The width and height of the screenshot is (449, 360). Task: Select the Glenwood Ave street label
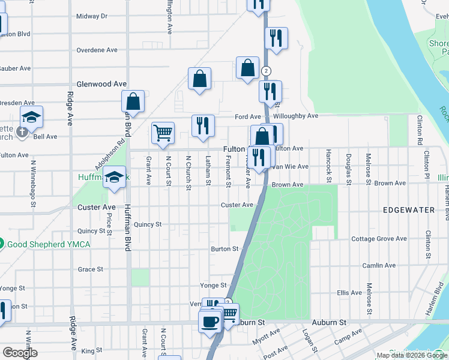[x=101, y=85]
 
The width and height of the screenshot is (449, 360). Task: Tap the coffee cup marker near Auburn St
[x=209, y=321]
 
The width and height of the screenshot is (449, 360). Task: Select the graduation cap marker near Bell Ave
[x=32, y=116]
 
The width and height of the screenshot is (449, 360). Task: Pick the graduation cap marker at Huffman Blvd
[x=113, y=177]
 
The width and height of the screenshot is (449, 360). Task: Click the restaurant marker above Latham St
[x=203, y=125]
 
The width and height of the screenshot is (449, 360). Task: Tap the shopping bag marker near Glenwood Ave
[x=199, y=79]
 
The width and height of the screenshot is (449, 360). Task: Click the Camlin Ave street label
[x=379, y=265]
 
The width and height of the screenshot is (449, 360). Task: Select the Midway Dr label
[x=92, y=16]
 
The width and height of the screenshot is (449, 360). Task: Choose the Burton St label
[x=224, y=248]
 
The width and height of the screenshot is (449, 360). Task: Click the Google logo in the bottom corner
[x=20, y=353]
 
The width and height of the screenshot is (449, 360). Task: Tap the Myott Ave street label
[x=266, y=335]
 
